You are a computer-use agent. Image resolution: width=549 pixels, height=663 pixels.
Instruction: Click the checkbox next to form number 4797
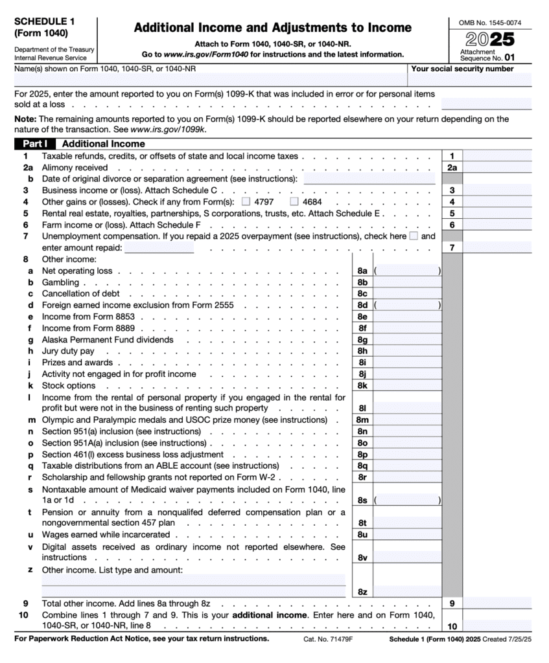point(246,202)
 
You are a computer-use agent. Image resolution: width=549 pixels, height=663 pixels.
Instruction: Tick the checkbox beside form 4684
point(294,202)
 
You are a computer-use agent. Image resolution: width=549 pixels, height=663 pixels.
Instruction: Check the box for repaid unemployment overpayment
point(414,236)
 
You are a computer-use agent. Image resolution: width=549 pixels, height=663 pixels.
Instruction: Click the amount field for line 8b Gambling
point(408,282)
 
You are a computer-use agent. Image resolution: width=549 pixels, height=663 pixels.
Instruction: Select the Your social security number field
point(470,80)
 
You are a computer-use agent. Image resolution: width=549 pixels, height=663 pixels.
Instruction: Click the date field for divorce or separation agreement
point(369,179)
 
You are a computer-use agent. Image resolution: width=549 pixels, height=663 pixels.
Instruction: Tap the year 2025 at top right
point(490,39)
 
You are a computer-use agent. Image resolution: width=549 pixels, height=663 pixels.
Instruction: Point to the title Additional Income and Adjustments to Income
point(272,28)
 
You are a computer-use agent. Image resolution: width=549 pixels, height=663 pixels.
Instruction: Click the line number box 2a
point(452,167)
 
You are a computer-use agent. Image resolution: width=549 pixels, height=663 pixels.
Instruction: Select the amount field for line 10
point(497,626)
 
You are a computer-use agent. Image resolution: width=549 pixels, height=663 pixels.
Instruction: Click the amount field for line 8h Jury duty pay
point(408,351)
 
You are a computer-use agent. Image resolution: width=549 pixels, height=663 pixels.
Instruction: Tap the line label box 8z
point(362,592)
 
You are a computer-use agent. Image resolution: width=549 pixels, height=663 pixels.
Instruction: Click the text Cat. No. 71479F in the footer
point(327,639)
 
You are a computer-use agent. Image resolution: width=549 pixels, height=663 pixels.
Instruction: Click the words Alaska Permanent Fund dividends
point(108,340)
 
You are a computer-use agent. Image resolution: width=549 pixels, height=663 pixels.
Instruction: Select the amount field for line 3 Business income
point(497,190)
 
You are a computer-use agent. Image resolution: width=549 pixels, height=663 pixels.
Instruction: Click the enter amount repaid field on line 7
point(159,247)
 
